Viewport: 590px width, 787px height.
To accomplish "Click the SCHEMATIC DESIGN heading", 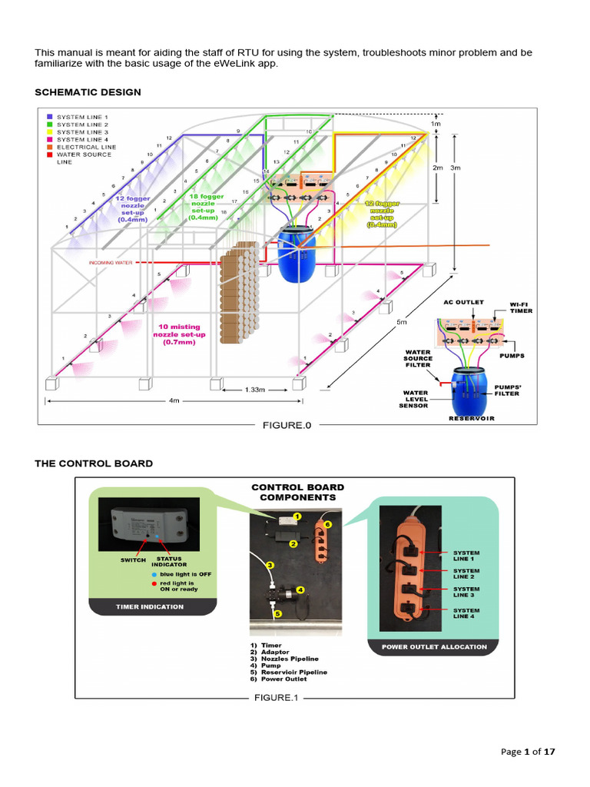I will [x=88, y=92].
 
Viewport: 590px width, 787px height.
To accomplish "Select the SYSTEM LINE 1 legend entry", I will [x=82, y=117].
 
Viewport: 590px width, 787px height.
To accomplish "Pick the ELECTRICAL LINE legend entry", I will [x=86, y=147].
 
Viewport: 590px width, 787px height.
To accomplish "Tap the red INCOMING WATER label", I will [x=111, y=263].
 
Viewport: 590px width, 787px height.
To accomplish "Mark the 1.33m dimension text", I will [x=255, y=390].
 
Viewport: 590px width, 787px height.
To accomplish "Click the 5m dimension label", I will [x=401, y=322].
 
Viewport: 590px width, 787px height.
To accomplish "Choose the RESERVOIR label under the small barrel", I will [x=472, y=418].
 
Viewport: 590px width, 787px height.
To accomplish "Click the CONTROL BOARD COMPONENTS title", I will [x=298, y=492].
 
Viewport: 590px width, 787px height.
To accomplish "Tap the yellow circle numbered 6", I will [x=326, y=524].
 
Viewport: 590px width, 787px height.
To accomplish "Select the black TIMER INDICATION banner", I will [x=150, y=606].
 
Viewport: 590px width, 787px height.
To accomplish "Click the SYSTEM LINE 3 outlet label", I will [x=466, y=592].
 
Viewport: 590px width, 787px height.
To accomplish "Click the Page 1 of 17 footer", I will [x=528, y=752].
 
